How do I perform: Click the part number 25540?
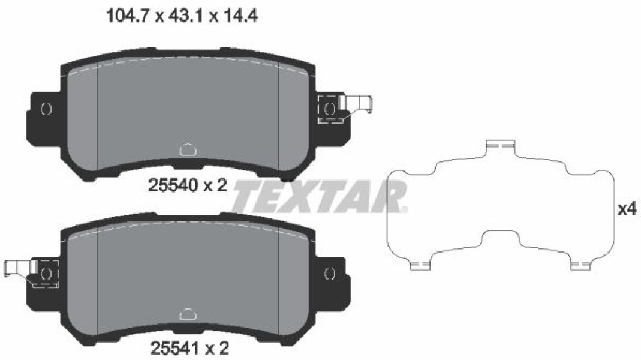(173, 186)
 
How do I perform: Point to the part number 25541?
(176, 349)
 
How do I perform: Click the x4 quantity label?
(627, 209)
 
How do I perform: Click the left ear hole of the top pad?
(47, 109)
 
